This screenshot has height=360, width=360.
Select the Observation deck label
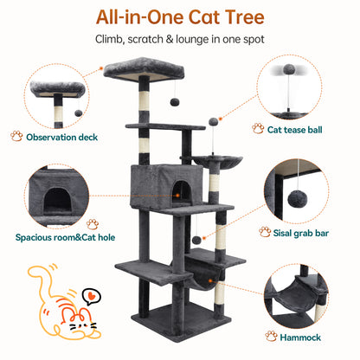[x=61, y=137]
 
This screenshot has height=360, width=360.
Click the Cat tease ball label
[x=294, y=130]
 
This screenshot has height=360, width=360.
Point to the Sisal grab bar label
[x=301, y=233]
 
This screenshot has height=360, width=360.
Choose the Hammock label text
[x=300, y=337]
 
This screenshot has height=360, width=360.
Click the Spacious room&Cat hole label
[x=65, y=237]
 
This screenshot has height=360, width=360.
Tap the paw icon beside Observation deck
[x=16, y=136]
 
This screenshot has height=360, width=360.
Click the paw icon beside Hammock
[x=271, y=336]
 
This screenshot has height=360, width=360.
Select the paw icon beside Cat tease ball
[x=258, y=128]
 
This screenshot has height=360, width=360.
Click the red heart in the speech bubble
[x=91, y=295]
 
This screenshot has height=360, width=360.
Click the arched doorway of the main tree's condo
[x=182, y=193]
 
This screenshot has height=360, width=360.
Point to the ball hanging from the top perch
[x=174, y=102]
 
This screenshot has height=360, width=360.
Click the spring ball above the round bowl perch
[x=213, y=121]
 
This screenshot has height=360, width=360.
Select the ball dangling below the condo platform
[x=196, y=240]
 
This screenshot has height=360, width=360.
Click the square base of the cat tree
[x=181, y=321]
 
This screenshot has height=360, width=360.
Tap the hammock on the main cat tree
[x=202, y=274]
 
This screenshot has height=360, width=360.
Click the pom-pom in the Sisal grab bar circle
[x=298, y=199]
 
